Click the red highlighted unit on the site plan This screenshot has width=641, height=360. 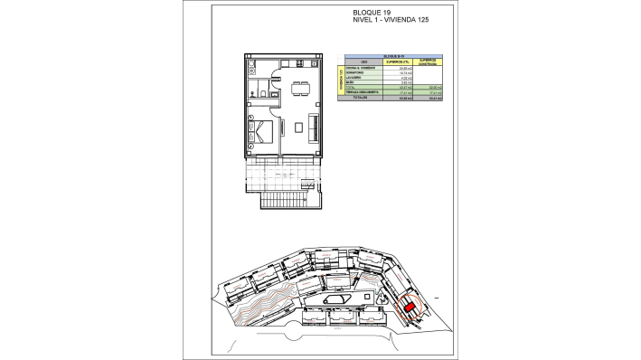[410, 308]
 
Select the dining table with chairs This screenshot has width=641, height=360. [299, 89]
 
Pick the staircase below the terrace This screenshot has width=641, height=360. [283, 196]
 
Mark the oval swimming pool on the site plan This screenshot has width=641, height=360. [335, 299]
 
